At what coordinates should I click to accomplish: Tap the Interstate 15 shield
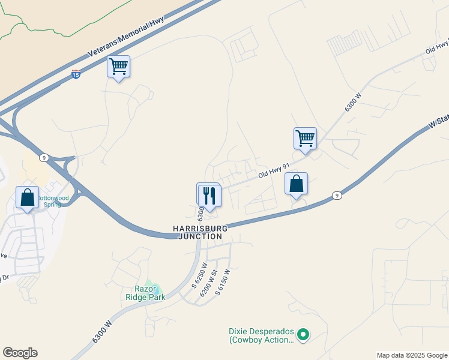pos(76,74)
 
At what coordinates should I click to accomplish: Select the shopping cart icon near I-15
pos(118,67)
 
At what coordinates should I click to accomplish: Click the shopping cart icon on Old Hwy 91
pos(305,138)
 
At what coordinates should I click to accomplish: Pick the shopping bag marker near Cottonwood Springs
pos(28,197)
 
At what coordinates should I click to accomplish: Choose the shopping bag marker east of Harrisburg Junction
pos(296,183)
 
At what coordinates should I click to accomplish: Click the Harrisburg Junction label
pos(198,232)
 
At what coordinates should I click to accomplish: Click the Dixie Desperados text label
pos(261,335)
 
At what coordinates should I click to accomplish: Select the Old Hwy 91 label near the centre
pos(274,171)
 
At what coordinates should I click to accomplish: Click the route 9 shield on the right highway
pos(337,196)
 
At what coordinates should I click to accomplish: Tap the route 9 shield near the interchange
pos(44,157)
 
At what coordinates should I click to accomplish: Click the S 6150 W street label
pos(224,279)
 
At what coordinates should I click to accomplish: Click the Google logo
pos(20,353)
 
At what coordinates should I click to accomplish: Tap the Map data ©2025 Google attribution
pos(411,355)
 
